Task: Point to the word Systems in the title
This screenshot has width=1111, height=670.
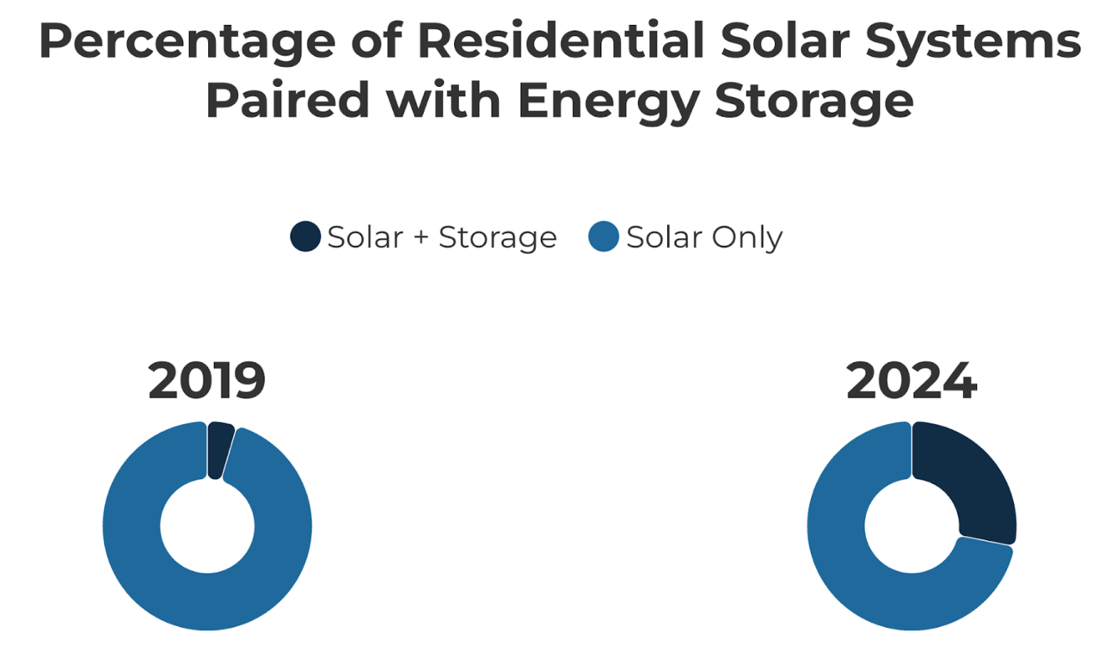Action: click(x=973, y=43)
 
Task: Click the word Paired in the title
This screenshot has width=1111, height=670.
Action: click(x=288, y=100)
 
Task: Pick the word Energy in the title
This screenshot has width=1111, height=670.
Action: click(x=608, y=103)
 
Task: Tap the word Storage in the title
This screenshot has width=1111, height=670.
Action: click(x=814, y=103)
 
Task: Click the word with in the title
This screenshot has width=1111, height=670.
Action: click(x=444, y=100)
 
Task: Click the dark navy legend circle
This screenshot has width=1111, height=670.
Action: click(x=305, y=236)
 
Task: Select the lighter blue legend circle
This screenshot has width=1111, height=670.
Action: click(x=603, y=236)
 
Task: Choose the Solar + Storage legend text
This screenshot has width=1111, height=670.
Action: click(x=442, y=237)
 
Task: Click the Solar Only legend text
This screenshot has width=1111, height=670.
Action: click(x=704, y=237)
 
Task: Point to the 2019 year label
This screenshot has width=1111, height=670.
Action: click(x=207, y=380)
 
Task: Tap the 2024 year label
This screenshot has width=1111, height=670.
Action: click(x=912, y=380)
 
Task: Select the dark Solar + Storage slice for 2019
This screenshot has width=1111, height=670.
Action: click(x=219, y=449)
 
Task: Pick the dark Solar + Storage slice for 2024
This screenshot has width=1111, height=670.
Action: click(x=972, y=476)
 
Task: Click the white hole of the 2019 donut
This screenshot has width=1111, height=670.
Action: click(x=207, y=526)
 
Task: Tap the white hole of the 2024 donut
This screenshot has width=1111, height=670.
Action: click(x=912, y=526)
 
